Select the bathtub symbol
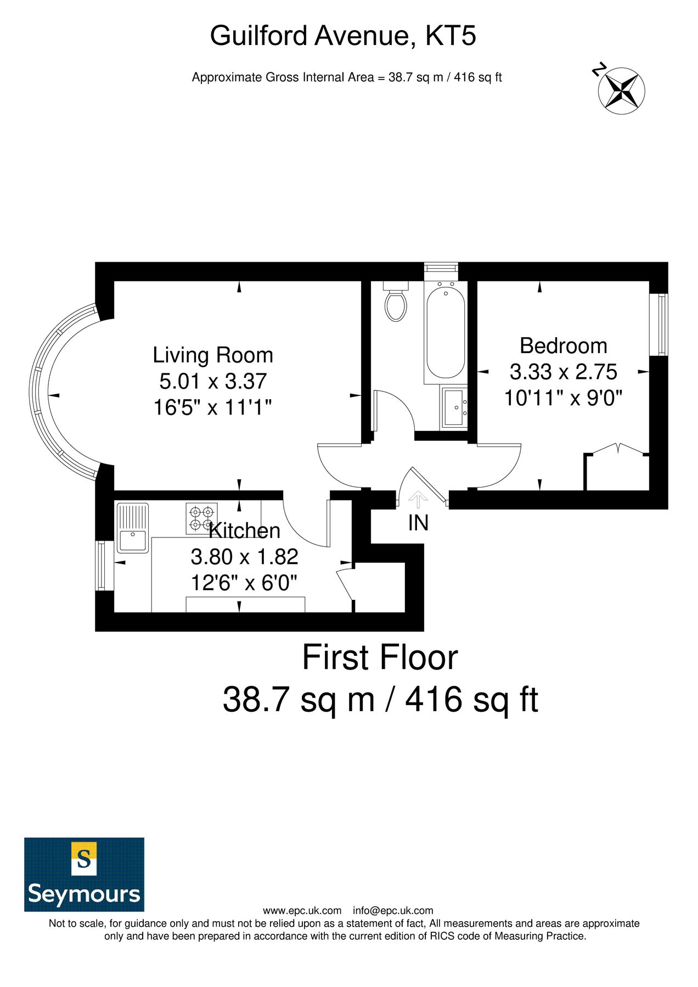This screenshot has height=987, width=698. click(x=444, y=332)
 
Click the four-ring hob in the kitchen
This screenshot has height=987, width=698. click(x=201, y=518)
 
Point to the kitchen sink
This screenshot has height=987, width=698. click(x=132, y=527)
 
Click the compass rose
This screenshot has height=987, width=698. click(x=621, y=91)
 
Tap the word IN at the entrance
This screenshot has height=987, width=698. click(x=418, y=523)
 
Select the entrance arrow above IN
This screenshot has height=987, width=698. click(x=418, y=500)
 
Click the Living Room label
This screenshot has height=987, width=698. click(x=213, y=355)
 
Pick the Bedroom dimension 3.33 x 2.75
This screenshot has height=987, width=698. click(x=563, y=372)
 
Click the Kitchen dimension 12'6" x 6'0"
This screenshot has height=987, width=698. click(x=244, y=582)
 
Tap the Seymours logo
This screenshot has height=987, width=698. click(x=84, y=874)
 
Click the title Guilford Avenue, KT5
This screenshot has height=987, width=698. click(x=343, y=36)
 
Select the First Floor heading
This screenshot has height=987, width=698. click(x=380, y=658)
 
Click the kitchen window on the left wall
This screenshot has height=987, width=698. click(x=101, y=566)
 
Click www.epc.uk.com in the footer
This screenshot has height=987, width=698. click(x=302, y=911)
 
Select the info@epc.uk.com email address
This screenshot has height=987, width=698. click(x=393, y=911)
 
